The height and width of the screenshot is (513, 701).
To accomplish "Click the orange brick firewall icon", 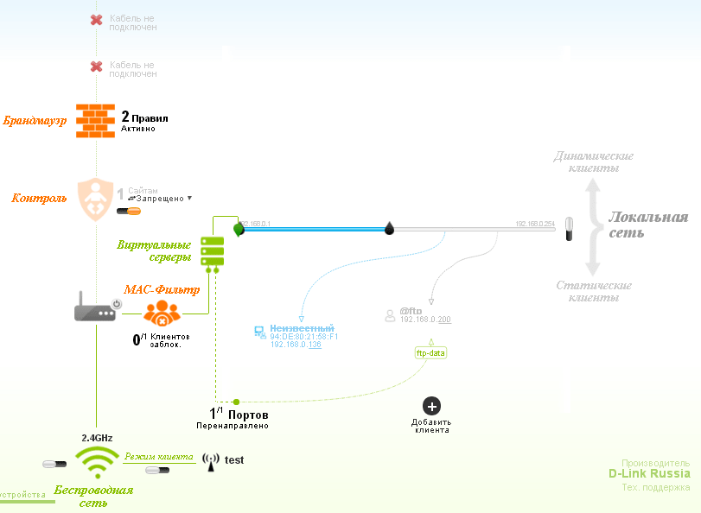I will tap(94, 121).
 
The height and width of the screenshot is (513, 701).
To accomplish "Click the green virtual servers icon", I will tap(212, 251).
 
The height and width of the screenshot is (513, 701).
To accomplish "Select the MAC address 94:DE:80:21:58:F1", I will tap(304, 337).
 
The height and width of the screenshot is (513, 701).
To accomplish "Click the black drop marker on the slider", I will tap(389, 228).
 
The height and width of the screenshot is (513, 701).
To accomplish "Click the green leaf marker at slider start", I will tap(239, 229).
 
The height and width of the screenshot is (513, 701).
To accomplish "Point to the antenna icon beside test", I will tap(210, 461).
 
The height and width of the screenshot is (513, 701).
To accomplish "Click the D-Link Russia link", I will tap(649, 473).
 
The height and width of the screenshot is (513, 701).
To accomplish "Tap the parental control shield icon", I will tap(95, 199).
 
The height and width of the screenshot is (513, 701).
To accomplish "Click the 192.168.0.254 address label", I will tap(533, 224).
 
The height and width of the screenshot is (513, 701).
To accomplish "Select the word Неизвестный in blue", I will tap(302, 328).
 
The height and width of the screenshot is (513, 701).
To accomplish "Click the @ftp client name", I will tap(410, 311).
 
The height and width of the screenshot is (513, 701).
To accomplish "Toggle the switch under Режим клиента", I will tap(157, 471).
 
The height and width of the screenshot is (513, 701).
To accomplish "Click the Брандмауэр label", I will tap(35, 121).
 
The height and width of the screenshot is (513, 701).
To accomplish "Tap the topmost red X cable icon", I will tap(97, 19).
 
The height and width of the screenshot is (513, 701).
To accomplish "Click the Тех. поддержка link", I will tap(656, 488).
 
